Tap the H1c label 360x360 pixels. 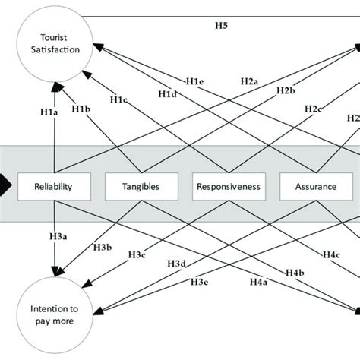pos(118,99)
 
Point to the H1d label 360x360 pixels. pos(167,93)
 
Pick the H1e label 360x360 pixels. pos(196,81)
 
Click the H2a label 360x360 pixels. pos(250,81)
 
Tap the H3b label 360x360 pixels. pos(103,248)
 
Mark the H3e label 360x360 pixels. pos(199,282)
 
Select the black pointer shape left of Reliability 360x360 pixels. pos(5,184)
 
